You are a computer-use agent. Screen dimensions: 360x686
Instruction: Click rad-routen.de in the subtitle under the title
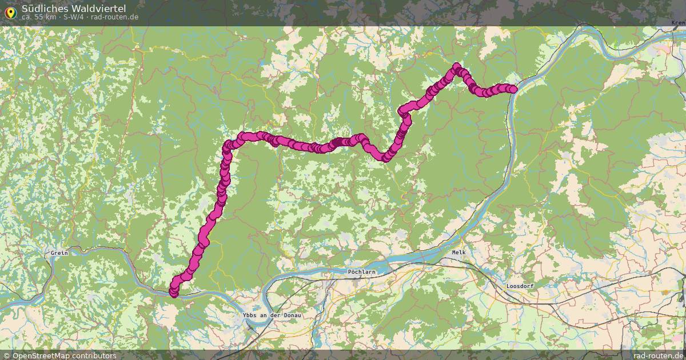(x=114, y=17)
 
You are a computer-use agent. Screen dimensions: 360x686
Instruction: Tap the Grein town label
(x=59, y=253)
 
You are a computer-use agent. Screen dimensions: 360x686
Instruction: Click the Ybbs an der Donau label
(x=272, y=315)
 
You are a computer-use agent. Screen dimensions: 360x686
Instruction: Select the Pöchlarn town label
(x=362, y=272)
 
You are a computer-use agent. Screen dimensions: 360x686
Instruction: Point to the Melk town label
(x=459, y=252)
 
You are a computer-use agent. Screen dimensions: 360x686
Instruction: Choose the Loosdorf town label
(x=522, y=286)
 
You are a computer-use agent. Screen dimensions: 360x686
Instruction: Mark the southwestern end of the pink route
(x=173, y=293)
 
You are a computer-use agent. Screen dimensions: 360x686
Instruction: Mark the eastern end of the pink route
(x=513, y=89)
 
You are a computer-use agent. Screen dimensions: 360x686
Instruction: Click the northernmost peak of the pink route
(x=456, y=66)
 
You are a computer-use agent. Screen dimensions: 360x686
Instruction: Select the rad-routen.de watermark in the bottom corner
(x=659, y=355)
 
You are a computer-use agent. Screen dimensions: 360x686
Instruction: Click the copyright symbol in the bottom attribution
(x=7, y=355)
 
